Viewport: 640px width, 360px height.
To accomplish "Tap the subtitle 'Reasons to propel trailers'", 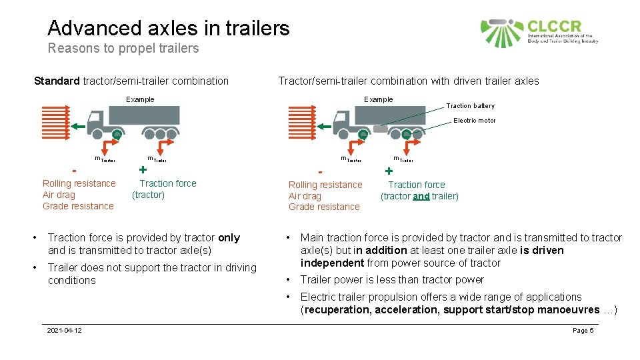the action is click(x=123, y=48).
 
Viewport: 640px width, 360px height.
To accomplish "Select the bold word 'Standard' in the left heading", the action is click(x=57, y=81).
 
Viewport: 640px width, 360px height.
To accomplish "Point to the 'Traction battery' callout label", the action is click(x=470, y=106).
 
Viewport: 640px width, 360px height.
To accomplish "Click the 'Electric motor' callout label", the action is click(x=474, y=121).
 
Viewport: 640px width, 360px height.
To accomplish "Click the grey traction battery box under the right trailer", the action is click(x=380, y=129).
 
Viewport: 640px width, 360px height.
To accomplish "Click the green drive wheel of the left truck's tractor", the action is click(x=117, y=134).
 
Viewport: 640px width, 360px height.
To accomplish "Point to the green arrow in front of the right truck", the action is click(x=324, y=126).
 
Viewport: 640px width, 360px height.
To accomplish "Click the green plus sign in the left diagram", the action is click(x=142, y=169).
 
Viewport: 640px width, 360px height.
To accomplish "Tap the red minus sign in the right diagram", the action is click(x=320, y=171).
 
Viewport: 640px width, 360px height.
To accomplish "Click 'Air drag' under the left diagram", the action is click(x=59, y=195).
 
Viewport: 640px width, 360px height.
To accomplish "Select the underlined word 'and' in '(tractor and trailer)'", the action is click(x=421, y=196).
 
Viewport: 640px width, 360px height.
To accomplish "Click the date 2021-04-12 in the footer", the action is click(x=65, y=331).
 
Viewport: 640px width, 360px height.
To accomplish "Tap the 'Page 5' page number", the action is click(x=583, y=331).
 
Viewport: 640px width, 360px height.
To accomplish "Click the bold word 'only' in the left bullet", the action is click(x=229, y=238).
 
